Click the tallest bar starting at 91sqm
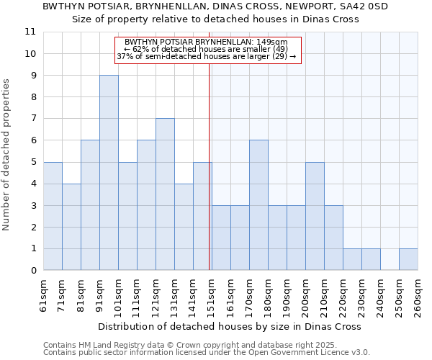109,173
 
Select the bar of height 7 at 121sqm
165,194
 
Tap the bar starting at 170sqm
258,205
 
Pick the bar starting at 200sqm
315,216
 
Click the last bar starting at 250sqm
408,259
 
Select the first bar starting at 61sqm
53,216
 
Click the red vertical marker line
209,180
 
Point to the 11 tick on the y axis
30,32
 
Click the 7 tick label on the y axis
32,119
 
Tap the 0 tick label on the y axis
32,271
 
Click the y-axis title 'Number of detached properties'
7,155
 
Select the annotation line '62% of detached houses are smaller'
207,49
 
